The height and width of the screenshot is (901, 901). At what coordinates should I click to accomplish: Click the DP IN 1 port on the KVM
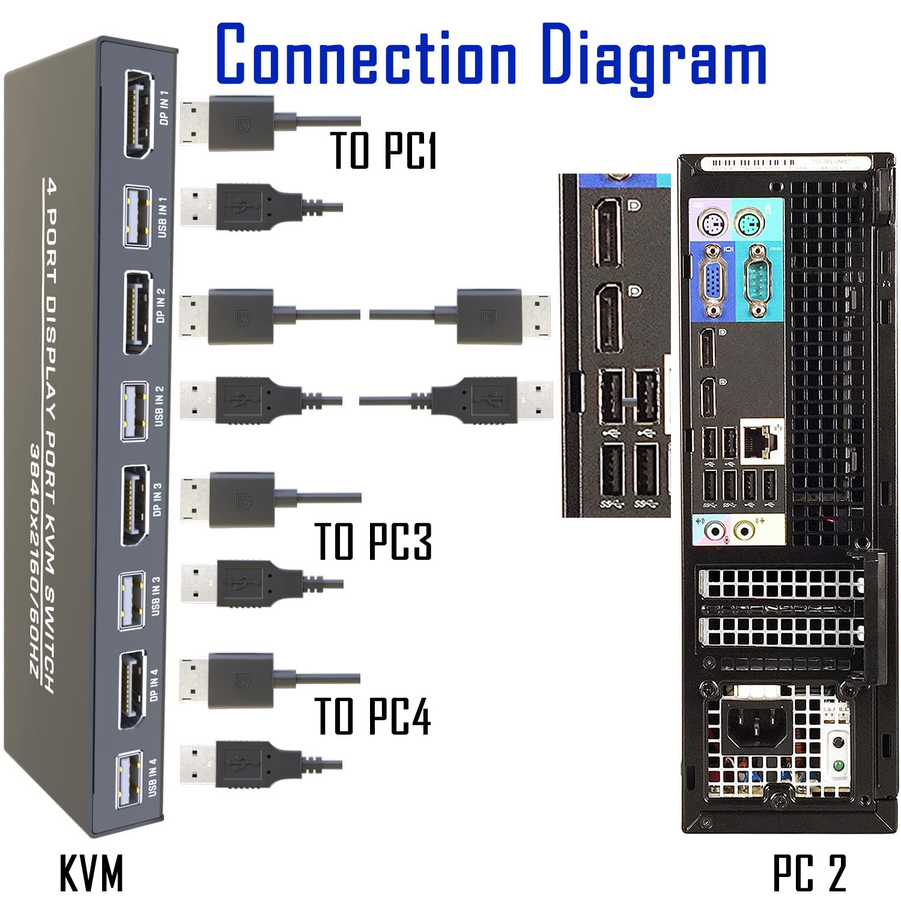coord(138,114)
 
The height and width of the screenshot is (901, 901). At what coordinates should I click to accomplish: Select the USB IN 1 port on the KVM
coord(137,216)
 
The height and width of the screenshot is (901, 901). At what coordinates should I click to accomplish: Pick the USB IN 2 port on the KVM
coord(135,411)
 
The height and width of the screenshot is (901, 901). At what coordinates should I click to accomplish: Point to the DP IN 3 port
coord(135,506)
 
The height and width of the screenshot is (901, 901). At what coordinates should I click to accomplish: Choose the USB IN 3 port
coord(132,600)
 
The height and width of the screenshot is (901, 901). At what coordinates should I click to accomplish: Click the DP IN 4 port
coord(132,690)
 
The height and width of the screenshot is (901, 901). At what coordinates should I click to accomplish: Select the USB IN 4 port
coord(130,780)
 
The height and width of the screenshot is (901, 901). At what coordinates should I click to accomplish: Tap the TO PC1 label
coord(383,150)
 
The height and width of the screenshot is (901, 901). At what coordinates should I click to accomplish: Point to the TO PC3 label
coord(373,541)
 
